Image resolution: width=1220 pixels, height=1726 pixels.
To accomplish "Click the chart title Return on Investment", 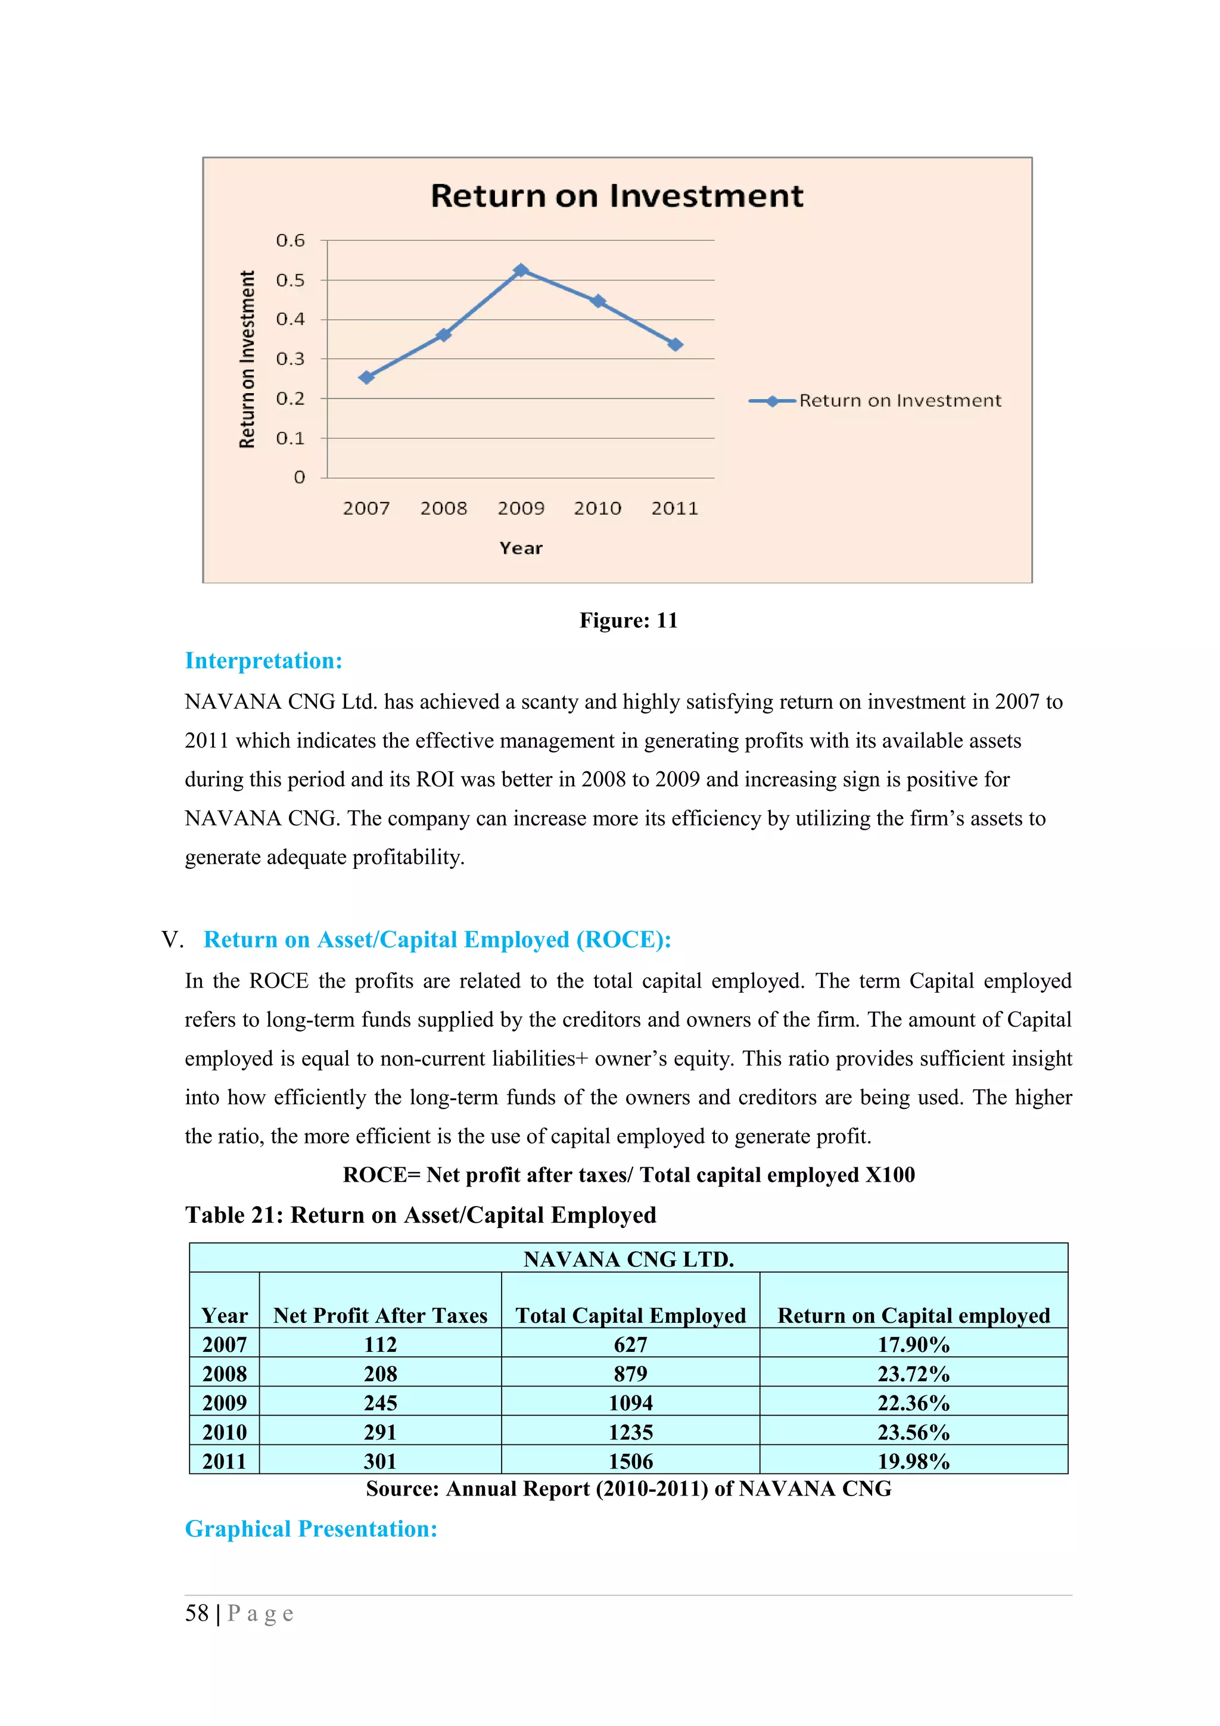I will click(617, 196).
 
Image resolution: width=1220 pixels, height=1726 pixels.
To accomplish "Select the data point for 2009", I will click(521, 270).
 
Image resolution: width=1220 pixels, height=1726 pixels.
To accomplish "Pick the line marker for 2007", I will click(366, 378).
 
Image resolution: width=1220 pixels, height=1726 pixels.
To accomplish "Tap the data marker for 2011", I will click(675, 344).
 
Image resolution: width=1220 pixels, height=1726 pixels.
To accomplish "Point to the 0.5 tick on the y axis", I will click(290, 281).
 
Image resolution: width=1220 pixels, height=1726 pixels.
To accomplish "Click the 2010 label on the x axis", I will click(597, 509).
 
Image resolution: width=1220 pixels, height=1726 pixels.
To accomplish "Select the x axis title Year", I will click(521, 549).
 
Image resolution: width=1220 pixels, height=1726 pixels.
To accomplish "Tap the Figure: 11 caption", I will click(628, 621).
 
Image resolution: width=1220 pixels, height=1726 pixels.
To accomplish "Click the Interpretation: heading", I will click(264, 661).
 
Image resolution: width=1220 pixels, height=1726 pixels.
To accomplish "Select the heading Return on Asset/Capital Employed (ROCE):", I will click(437, 940).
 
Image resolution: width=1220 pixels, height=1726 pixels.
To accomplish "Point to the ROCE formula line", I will click(628, 1175).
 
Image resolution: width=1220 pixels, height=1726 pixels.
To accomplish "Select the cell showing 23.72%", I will click(913, 1374).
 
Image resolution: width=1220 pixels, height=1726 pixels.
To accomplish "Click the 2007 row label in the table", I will click(224, 1345).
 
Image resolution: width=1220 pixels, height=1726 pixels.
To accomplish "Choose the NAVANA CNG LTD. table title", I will click(628, 1259).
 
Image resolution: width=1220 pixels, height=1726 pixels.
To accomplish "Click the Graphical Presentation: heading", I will click(311, 1529).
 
